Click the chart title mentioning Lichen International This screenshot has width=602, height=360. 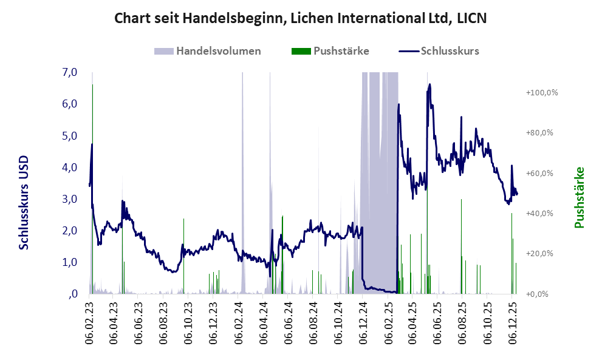coord(301,19)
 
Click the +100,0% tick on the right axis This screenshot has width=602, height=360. coord(542,93)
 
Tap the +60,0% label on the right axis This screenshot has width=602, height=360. coord(542,173)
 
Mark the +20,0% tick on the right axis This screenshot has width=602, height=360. coord(542,254)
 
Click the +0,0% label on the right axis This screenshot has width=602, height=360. coord(542,294)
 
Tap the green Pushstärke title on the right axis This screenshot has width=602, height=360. coord(579,197)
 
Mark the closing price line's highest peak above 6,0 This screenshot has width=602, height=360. coord(429,84)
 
